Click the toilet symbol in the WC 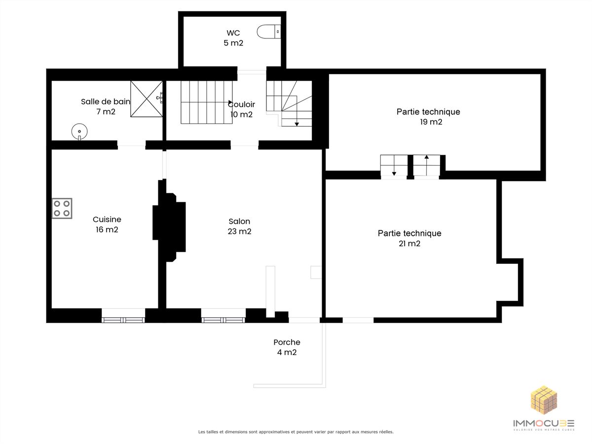pos(269,32)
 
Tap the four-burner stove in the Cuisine pos(62,208)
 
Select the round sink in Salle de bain pos(79,132)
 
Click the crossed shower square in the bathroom pos(147,99)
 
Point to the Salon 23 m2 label pos(239,226)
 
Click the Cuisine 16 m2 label pos(107,224)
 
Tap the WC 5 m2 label pos(233,38)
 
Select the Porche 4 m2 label pos(287,347)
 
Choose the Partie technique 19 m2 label pos(428,116)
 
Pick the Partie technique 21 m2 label pos(409,238)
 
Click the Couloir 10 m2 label pos(241,109)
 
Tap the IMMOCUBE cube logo pos(544,400)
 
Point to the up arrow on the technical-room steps pos(426,165)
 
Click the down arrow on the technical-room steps pos(394,165)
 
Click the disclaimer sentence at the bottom pos(296,432)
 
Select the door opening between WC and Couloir pos(252,72)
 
